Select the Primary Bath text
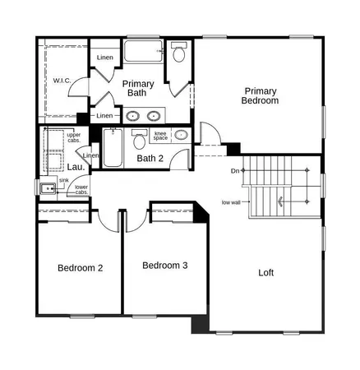(134, 88)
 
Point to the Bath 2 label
(150, 158)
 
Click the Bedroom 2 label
(80, 268)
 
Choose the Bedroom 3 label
(165, 266)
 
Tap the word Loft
(266, 272)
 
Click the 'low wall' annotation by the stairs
(230, 201)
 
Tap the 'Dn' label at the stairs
(235, 170)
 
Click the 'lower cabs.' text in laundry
(81, 190)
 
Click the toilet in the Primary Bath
(179, 55)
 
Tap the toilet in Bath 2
(182, 135)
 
